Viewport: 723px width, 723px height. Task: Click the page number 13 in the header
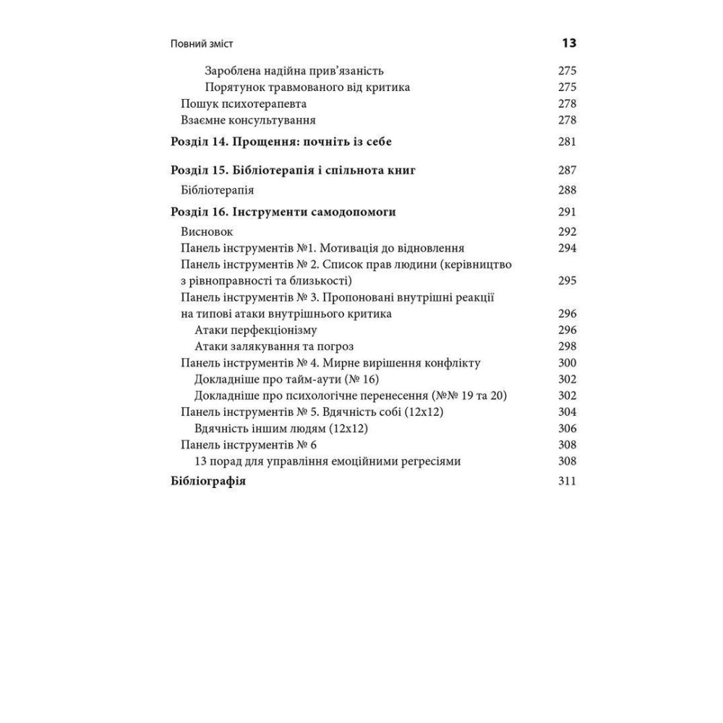(x=568, y=43)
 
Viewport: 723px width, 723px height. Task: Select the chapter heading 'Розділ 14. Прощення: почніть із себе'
(x=281, y=142)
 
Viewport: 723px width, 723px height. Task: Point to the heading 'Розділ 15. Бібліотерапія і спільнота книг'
(x=293, y=171)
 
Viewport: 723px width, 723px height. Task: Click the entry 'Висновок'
(x=207, y=232)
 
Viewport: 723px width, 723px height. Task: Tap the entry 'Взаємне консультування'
(x=248, y=120)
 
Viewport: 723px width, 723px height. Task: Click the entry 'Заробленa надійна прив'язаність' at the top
(x=294, y=71)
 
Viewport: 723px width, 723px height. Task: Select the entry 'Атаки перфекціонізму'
(x=256, y=330)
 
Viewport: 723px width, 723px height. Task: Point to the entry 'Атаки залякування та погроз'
(x=274, y=346)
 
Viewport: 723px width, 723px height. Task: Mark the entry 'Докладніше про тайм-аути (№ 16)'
(x=287, y=380)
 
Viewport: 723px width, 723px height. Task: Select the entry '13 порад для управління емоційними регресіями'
(x=328, y=461)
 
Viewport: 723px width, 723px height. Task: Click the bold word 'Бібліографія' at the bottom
(x=208, y=482)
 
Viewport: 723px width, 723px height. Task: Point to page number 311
(x=568, y=482)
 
